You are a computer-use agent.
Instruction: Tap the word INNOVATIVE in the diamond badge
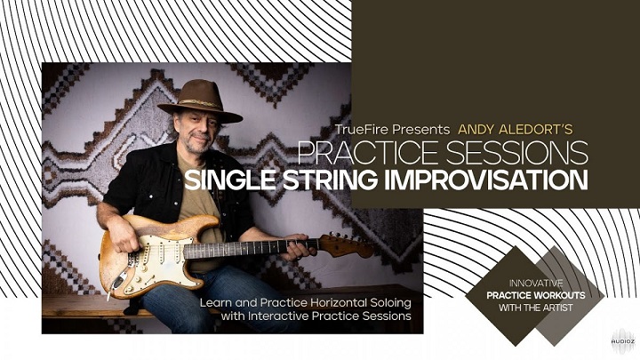tap(536, 283)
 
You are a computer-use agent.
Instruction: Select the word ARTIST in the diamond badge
tap(558, 308)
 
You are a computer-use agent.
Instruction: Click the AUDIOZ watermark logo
tap(623, 340)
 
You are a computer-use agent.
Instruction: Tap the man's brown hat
tap(200, 101)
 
